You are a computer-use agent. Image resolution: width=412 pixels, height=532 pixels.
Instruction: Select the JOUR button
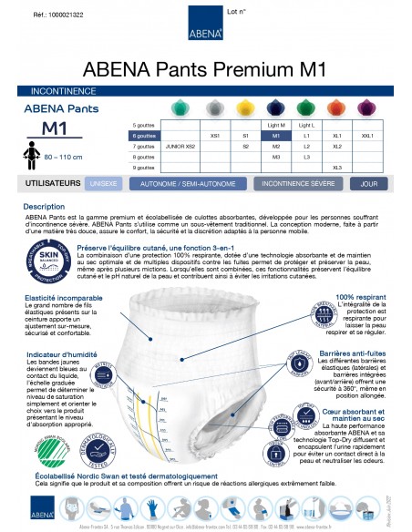[369, 183]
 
